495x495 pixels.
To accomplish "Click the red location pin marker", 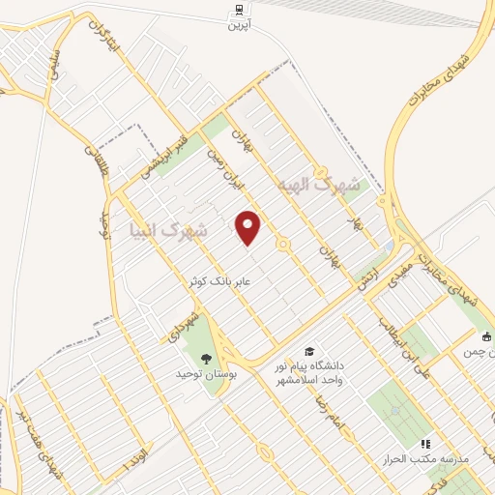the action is pos(248,227).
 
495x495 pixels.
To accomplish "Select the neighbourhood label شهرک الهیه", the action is pos(318,184).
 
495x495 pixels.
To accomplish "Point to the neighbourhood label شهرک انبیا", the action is pos(167,231).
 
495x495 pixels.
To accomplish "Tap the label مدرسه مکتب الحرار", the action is pos(429,458).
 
